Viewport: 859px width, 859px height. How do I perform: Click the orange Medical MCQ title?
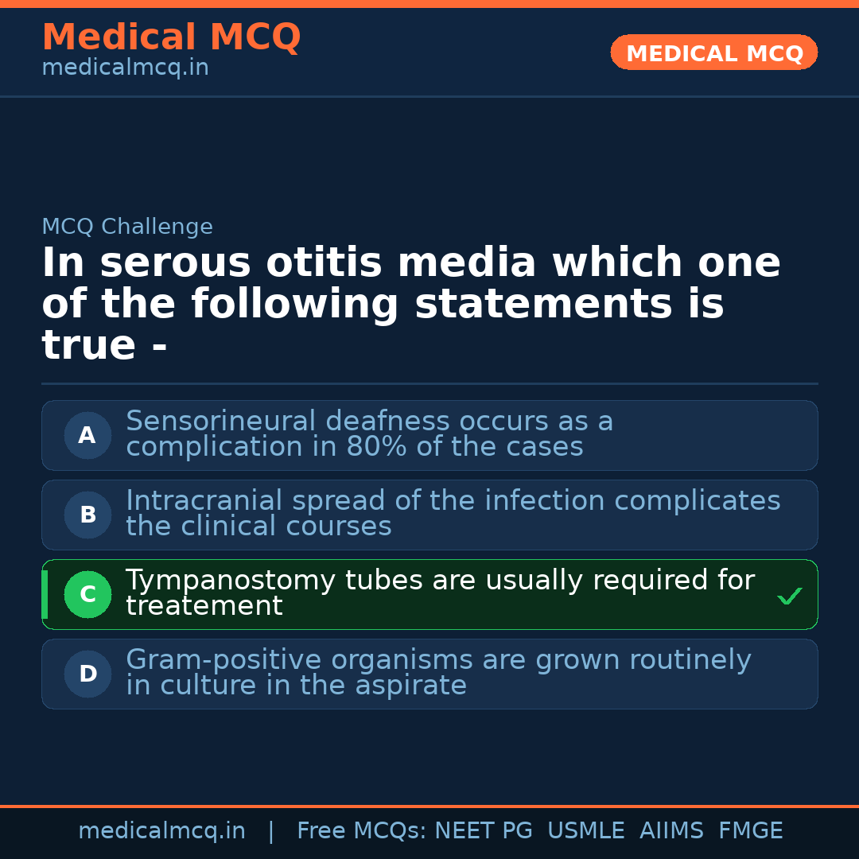coord(171,37)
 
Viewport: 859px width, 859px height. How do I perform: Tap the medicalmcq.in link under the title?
coord(125,68)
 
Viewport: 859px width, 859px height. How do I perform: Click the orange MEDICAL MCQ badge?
coord(713,52)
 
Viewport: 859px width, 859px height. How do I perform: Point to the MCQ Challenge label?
coord(127,227)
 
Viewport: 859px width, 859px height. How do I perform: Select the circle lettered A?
coord(87,435)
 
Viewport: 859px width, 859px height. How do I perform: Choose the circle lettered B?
coord(87,515)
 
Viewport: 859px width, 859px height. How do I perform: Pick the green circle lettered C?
coord(87,594)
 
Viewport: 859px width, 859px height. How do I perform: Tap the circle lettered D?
coord(87,674)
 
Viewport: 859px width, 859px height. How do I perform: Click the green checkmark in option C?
coord(789,596)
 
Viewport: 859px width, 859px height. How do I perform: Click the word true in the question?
coord(88,346)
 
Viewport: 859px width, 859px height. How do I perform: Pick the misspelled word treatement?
coord(204,606)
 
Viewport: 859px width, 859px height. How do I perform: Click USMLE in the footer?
coord(586,831)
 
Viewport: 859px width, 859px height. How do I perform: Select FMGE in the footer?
coord(751,831)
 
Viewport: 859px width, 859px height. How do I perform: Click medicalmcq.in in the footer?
coord(161,831)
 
